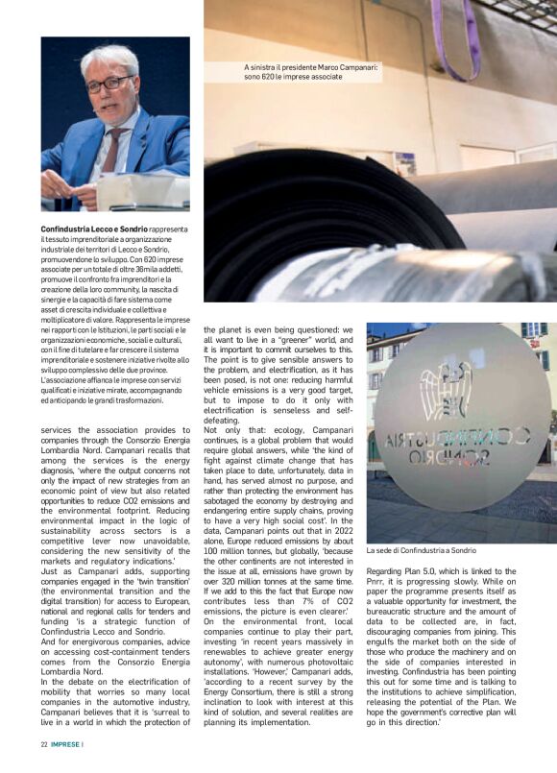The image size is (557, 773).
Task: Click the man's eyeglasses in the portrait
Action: (109, 84)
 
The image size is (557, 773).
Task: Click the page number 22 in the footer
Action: (44, 744)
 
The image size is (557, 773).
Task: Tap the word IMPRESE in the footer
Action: (66, 744)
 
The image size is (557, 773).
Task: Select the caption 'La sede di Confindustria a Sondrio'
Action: (422, 551)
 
